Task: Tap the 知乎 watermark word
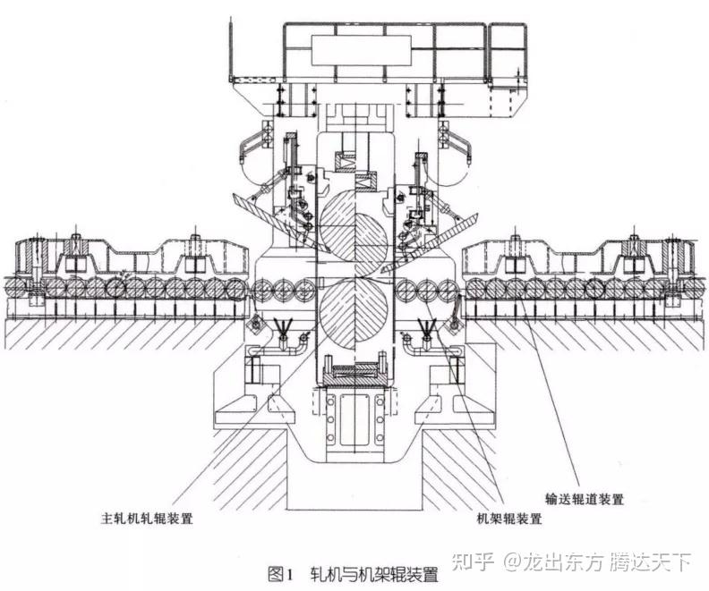tap(474, 561)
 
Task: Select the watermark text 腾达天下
tap(652, 561)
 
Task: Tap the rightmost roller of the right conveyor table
tap(696, 288)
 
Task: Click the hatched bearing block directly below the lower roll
tap(354, 381)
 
